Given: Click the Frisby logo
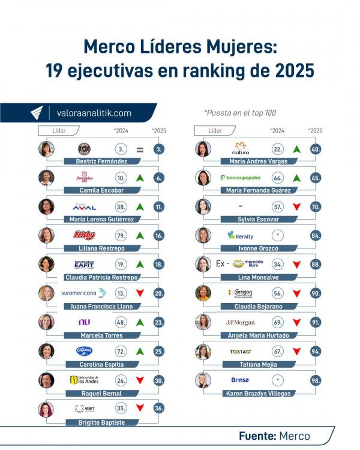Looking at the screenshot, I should click(x=84, y=235).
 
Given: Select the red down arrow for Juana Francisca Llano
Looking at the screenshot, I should click(x=140, y=293).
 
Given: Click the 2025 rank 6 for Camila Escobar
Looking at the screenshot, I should click(x=158, y=178).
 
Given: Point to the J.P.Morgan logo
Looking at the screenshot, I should click(x=240, y=322).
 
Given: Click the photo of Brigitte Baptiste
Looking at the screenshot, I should click(x=46, y=409).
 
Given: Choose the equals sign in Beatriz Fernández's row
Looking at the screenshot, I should click(x=140, y=149).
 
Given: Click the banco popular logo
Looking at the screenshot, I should click(x=241, y=178).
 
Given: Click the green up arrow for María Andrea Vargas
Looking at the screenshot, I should click(x=296, y=149).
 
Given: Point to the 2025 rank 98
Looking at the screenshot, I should click(x=315, y=380).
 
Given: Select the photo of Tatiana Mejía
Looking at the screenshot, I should click(x=203, y=351).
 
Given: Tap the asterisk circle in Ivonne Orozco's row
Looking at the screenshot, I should click(x=277, y=235).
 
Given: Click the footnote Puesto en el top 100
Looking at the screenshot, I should click(x=240, y=112).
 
